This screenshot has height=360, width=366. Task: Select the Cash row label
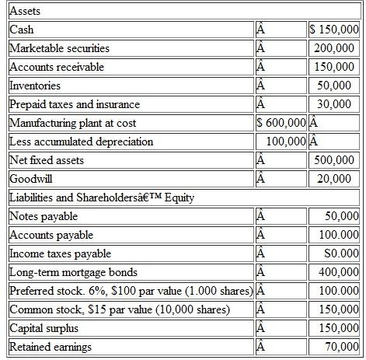[x=23, y=30]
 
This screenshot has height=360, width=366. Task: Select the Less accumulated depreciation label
[x=82, y=142]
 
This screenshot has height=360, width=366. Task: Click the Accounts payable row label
[x=51, y=235]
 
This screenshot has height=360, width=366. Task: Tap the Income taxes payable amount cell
[x=340, y=253]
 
